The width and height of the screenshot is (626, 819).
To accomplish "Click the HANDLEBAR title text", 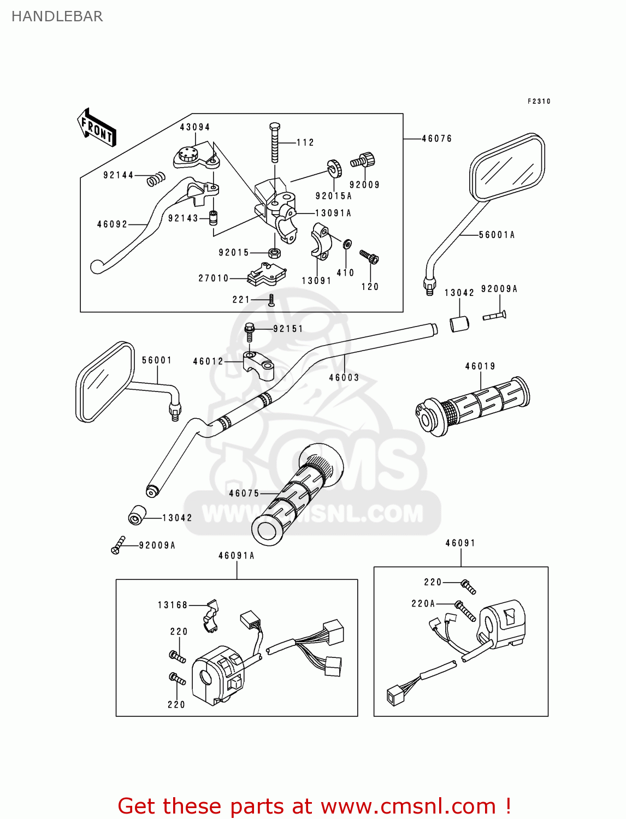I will [x=57, y=16].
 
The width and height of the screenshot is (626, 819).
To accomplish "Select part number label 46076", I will [x=436, y=139].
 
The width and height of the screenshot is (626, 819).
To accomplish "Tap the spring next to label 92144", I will [x=156, y=179].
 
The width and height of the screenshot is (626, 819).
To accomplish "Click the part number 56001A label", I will [x=497, y=235].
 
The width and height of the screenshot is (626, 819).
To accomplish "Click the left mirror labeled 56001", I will [x=105, y=382].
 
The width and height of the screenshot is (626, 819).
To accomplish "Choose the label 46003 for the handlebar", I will [x=344, y=377].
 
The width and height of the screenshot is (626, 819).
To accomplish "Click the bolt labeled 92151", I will [x=250, y=329].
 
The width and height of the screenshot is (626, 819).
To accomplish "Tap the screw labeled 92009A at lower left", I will [x=117, y=545].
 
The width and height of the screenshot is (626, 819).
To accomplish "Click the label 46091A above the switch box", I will [x=237, y=556].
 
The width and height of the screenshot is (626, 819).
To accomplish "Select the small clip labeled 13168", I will [x=211, y=615].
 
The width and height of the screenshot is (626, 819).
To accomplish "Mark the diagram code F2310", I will [x=539, y=102].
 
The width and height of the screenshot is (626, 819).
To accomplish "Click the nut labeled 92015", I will [x=274, y=253].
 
